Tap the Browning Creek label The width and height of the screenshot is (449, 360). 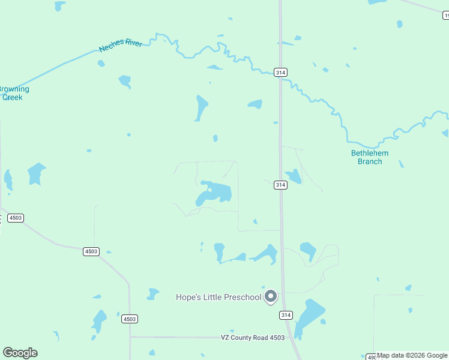[x=13, y=93]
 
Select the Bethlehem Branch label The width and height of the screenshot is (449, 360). [x=369, y=157]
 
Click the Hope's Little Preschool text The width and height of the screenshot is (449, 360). [x=218, y=297]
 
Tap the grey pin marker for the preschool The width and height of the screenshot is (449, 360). [x=271, y=296]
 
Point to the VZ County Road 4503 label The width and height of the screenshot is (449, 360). [x=252, y=338]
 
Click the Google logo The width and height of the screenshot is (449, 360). [x=20, y=353]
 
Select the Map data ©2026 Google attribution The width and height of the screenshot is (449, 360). [x=412, y=356]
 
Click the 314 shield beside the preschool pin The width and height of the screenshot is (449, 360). [x=286, y=315]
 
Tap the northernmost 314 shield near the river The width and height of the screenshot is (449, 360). [x=280, y=72]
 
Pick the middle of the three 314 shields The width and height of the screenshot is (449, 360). [x=280, y=185]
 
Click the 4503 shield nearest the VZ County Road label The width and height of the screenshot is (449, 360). [x=128, y=319]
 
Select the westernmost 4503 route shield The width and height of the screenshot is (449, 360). [x=16, y=218]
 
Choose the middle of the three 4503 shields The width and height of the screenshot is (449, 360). [x=91, y=251]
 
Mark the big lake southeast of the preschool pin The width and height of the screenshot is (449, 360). [x=310, y=316]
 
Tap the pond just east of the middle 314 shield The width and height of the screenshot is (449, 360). [x=294, y=176]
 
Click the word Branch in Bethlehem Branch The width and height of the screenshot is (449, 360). [x=370, y=161]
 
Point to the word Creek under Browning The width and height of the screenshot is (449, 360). [x=13, y=97]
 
